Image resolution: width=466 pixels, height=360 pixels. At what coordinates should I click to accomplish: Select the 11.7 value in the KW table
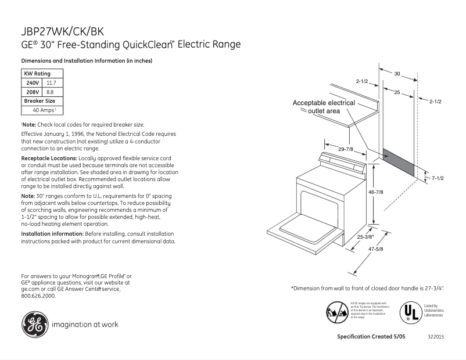[51, 83]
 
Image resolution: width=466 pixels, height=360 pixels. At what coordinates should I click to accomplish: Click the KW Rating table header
[37, 74]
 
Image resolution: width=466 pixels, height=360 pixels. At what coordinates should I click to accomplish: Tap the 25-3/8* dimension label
[365, 236]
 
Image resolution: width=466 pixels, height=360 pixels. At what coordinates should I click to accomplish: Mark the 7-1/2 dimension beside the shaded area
[437, 178]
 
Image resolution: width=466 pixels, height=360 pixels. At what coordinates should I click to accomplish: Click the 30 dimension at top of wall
[397, 74]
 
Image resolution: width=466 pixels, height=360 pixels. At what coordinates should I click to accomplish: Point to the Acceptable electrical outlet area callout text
[324, 106]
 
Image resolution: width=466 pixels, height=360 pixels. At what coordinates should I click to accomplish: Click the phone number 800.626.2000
[38, 296]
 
